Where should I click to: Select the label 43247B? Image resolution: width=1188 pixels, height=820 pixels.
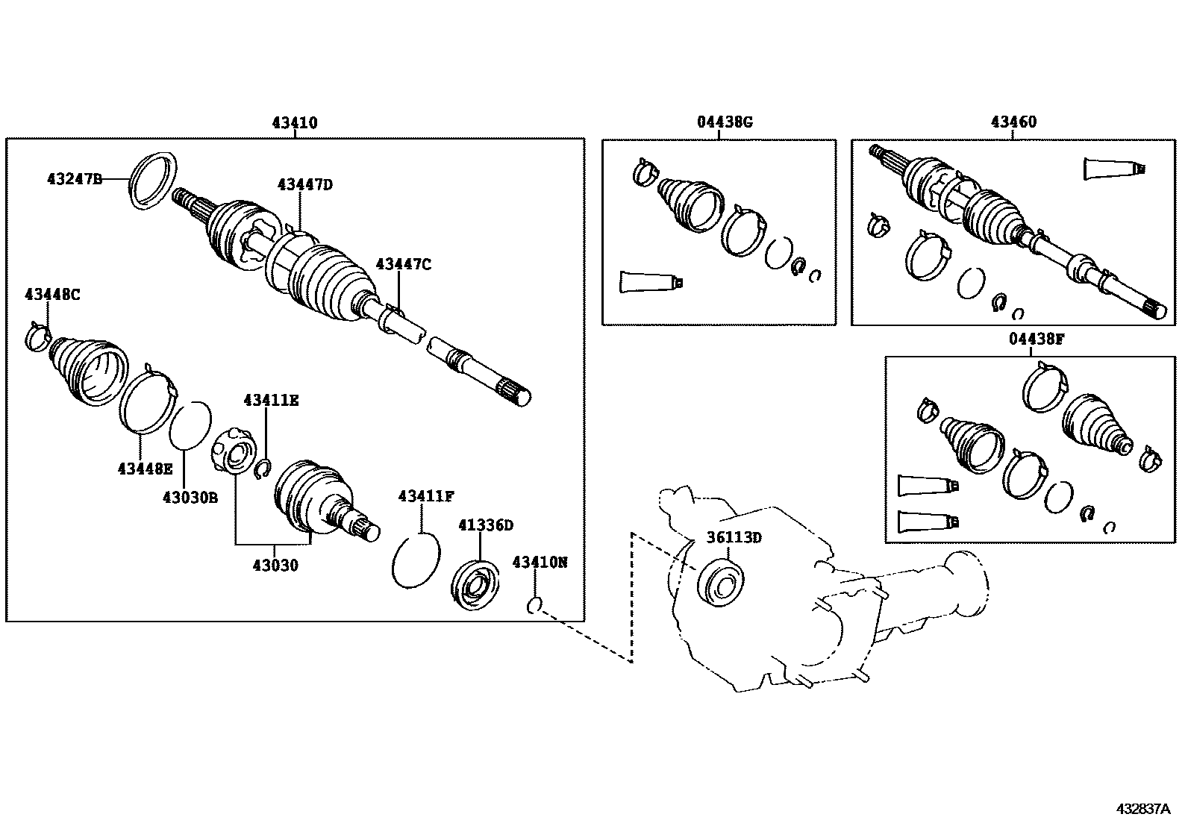[x=74, y=179]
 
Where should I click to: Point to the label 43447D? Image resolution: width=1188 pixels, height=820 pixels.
[x=304, y=184]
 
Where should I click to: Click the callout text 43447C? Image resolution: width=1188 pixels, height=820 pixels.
[x=403, y=264]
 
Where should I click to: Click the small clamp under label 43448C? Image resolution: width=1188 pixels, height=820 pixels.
[x=37, y=337]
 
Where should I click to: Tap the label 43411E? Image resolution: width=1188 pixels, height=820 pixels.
[x=271, y=401]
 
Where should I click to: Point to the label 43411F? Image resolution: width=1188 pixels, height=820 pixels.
[x=426, y=496]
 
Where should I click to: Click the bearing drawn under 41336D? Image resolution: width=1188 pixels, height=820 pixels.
[x=476, y=583]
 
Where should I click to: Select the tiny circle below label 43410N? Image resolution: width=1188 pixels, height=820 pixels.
[x=534, y=605]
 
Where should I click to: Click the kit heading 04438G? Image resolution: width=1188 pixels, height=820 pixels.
[x=725, y=122]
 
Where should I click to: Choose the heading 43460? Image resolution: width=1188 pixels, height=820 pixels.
[x=1013, y=122]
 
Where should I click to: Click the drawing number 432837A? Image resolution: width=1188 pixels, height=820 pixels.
[x=1142, y=809]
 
